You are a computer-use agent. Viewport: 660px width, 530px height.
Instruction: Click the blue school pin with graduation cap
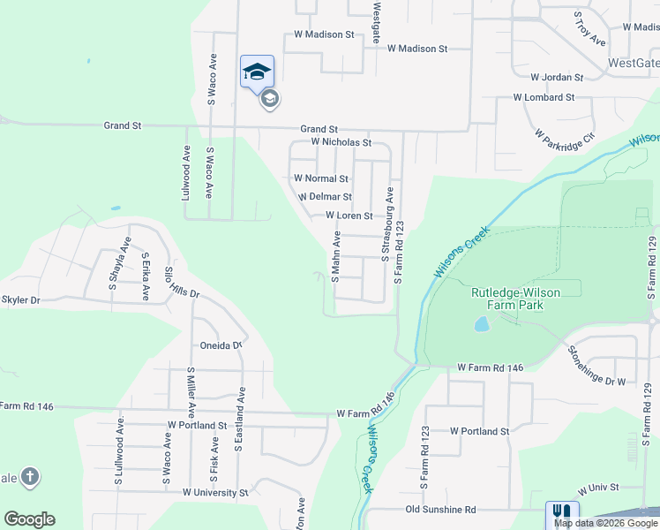(x=257, y=72)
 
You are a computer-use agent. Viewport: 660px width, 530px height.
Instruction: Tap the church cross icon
(x=29, y=478)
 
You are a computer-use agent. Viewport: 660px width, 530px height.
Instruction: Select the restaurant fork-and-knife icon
(x=562, y=513)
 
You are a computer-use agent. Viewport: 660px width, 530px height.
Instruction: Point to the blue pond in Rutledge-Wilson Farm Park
(x=481, y=324)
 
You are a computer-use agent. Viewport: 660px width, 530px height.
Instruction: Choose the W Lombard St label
(x=544, y=97)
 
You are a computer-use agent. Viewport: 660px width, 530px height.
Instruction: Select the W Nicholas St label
(x=341, y=142)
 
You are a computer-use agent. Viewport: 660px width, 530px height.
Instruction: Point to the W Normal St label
(x=320, y=178)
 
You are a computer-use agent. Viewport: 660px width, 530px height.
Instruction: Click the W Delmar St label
(x=326, y=197)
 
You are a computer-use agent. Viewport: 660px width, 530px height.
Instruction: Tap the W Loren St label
(x=349, y=216)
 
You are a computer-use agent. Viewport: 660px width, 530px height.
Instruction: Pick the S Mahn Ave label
(x=336, y=257)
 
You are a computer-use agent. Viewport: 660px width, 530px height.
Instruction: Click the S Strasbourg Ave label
(x=386, y=224)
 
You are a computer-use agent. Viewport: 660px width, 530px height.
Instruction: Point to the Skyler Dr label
(x=21, y=300)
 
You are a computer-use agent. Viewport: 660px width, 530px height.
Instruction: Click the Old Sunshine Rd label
(x=440, y=510)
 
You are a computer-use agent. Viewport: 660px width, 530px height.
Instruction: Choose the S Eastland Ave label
(x=239, y=420)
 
